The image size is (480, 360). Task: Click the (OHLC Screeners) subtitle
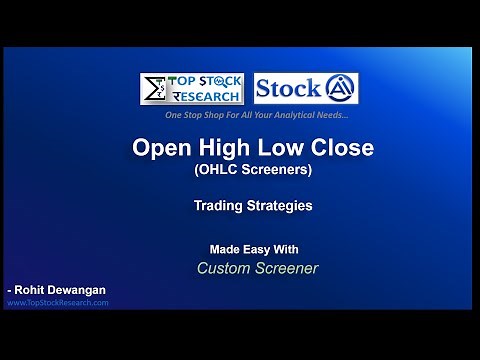point(253,170)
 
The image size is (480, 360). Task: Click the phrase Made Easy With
point(254,249)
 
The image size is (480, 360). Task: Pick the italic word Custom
point(225,268)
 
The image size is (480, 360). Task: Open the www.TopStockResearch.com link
point(58,302)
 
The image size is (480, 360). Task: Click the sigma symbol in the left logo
point(154,88)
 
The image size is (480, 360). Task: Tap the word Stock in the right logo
point(288,88)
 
